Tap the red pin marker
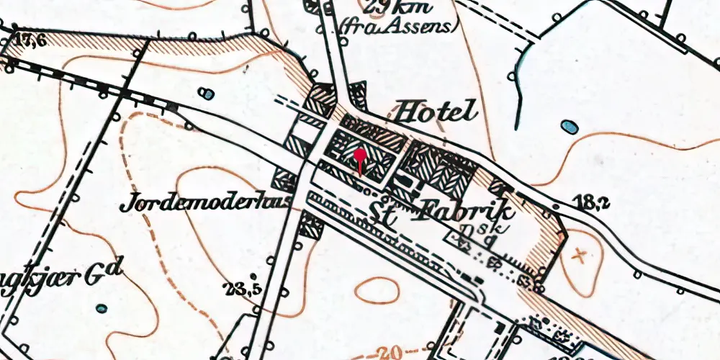(360, 155)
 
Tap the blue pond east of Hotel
(570, 127)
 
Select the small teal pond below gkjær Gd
(102, 308)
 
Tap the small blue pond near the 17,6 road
(207, 94)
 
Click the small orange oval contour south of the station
(377, 289)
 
